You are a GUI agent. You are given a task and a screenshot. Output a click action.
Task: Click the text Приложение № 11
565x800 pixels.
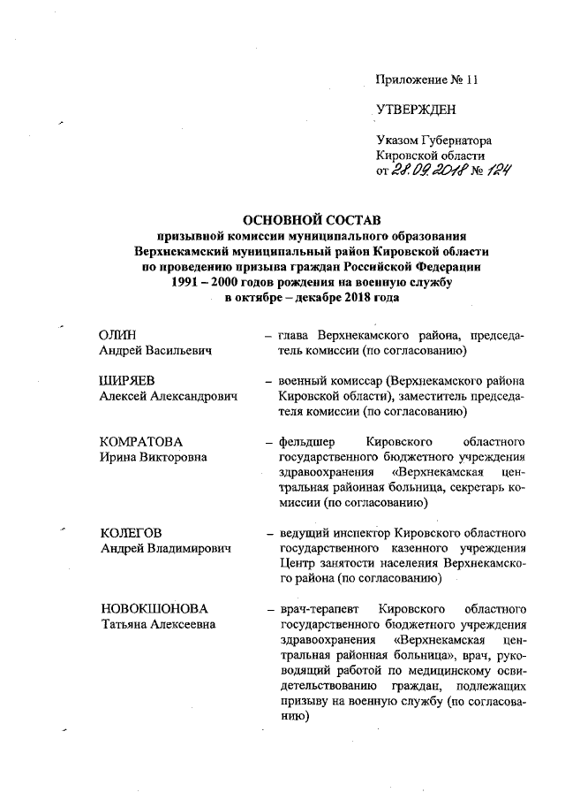pyautogui.click(x=426, y=80)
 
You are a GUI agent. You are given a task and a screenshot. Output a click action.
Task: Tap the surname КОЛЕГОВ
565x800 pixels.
pyautogui.click(x=132, y=533)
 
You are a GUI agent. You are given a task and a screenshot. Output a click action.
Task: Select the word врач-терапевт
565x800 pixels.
pyautogui.click(x=316, y=610)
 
